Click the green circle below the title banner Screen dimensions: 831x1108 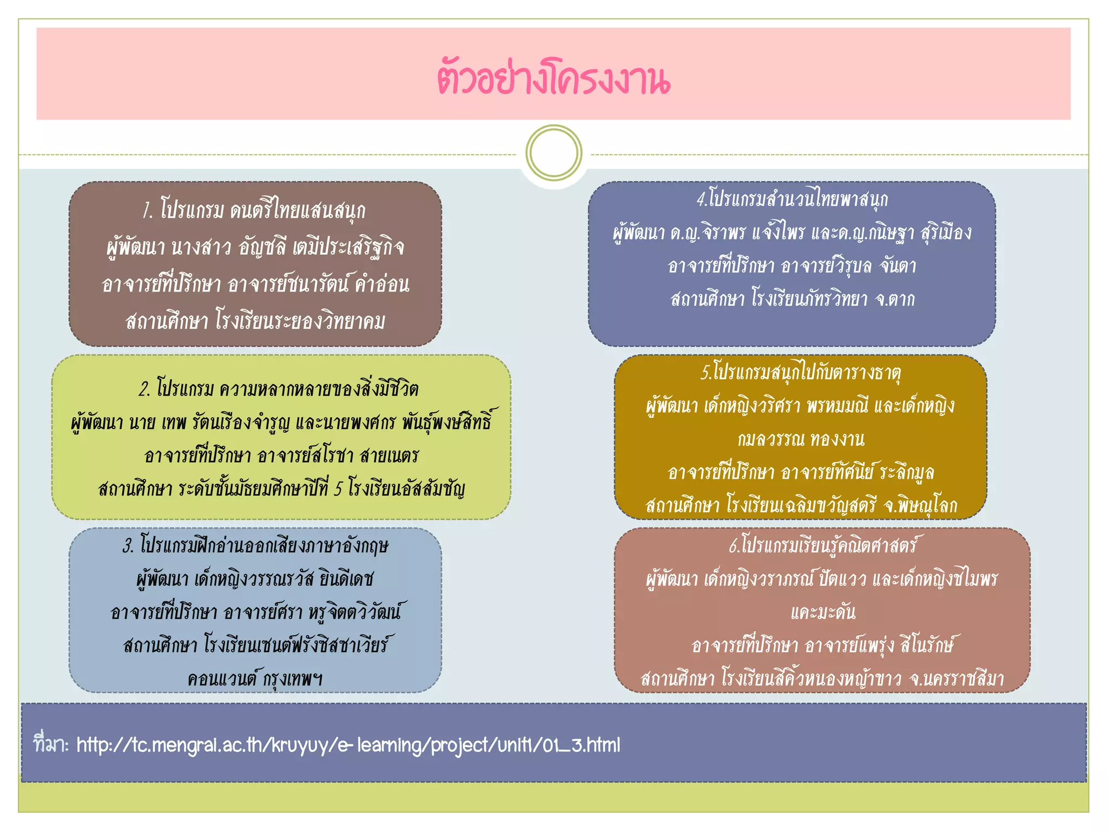tap(553, 153)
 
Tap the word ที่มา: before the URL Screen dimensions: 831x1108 tap(51, 744)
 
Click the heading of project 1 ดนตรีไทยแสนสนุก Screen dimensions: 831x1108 tap(254, 210)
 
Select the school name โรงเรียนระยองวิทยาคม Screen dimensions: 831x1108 tap(300, 321)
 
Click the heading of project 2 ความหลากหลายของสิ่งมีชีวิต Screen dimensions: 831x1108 tap(279, 388)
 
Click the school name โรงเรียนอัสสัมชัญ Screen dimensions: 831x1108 tap(406, 489)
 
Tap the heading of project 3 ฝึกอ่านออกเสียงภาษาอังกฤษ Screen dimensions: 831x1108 tap(255, 545)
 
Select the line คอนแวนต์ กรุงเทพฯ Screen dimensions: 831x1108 tap(255, 678)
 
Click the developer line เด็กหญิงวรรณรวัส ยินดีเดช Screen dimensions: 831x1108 tap(255, 579)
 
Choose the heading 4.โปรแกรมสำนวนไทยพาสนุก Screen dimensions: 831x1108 tap(792, 199)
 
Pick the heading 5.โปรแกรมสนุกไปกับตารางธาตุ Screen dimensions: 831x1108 tap(801, 372)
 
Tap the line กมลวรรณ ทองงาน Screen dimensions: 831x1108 tap(801, 439)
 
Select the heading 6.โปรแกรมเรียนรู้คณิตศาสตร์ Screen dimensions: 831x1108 tap(822, 545)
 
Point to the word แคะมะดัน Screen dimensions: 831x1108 tap(822, 612)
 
